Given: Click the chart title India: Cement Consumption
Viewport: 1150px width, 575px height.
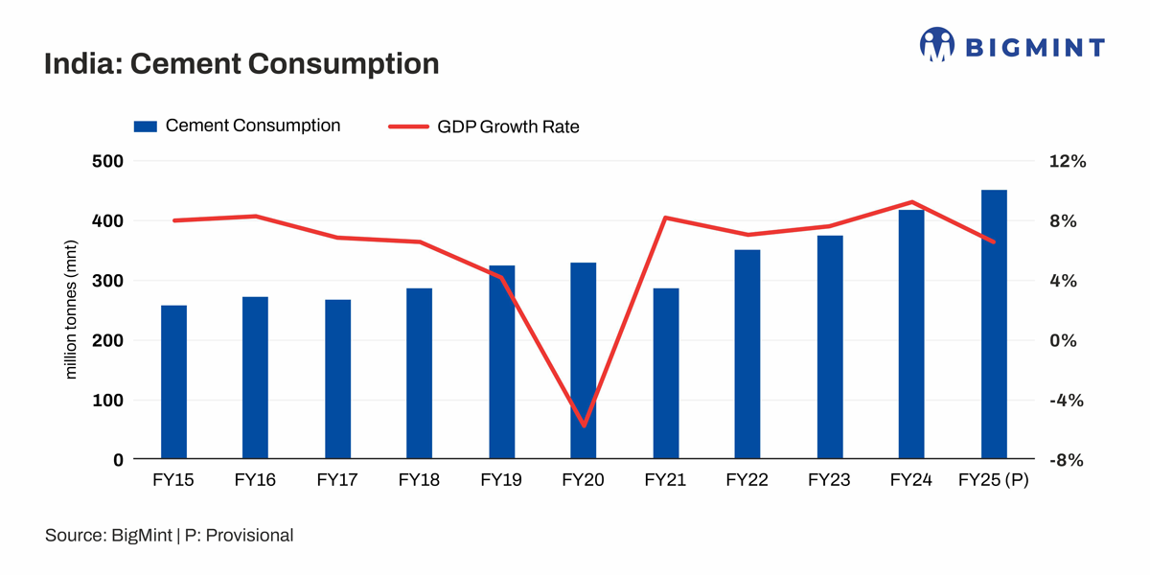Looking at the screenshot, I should pos(241,64).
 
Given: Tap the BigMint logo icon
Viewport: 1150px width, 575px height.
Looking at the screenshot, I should pos(937,44).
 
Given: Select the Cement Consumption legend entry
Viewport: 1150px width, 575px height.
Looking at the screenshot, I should pos(237,126).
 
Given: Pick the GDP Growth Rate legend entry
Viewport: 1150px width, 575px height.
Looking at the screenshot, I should pos(484,126).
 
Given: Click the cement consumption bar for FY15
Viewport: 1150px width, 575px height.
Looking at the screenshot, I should pos(173,382).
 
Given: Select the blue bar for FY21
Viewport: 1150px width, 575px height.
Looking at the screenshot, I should pos(666,374).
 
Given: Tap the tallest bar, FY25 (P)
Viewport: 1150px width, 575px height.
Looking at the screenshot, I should pos(994,325).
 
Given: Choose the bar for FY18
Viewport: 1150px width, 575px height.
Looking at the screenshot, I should pos(419,374).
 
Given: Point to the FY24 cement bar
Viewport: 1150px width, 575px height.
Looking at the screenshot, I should pos(911,334).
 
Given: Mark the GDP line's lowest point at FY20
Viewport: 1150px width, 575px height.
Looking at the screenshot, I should pos(584,425).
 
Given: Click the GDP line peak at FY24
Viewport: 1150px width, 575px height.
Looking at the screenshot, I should pos(911,202).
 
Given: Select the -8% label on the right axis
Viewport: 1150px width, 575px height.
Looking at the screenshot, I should pos(1066,460).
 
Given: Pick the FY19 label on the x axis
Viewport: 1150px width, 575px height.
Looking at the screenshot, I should pos(501,480).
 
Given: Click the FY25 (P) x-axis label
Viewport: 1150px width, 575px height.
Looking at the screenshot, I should pos(994,480).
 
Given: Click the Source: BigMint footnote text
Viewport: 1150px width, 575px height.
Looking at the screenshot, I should pos(169,536).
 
